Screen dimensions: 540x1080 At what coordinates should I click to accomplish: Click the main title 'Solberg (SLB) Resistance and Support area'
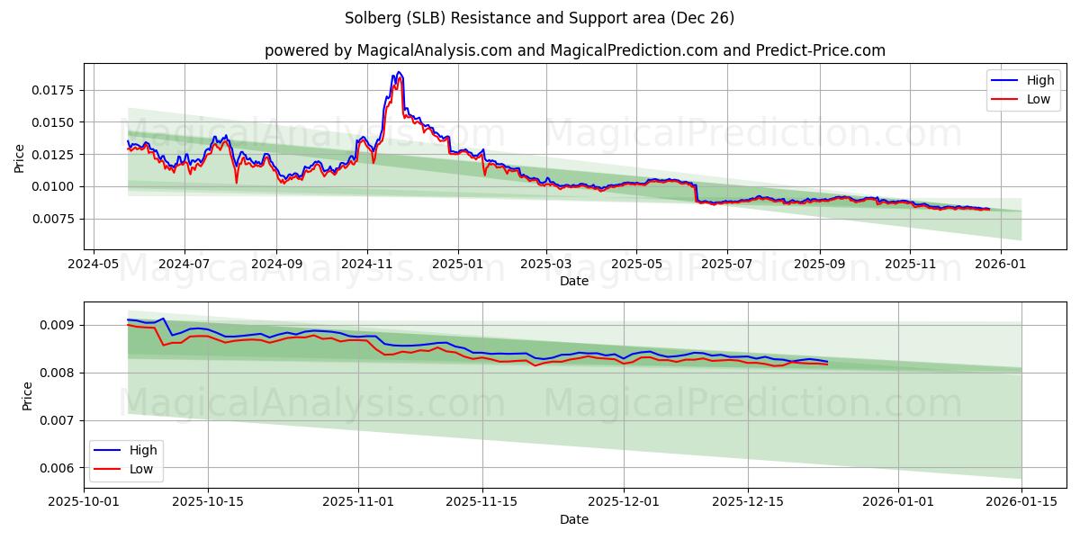(539, 18)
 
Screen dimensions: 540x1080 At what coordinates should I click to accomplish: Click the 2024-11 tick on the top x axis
(367, 265)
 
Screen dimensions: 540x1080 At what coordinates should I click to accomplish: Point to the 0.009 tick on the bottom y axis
(61, 325)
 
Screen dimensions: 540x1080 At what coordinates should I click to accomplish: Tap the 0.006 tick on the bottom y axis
(61, 468)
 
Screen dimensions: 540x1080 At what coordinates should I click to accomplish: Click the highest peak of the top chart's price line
(399, 72)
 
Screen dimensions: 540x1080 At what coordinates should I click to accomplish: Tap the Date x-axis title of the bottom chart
(574, 520)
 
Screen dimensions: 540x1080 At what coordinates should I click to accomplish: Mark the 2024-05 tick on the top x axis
(94, 265)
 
